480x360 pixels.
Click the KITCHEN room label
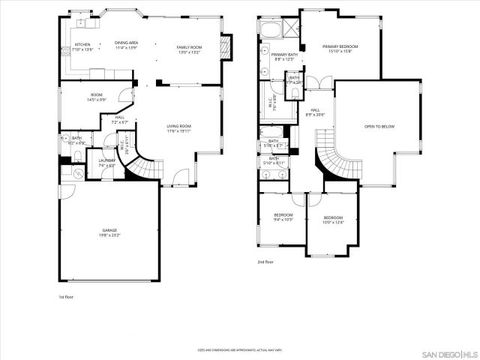pyautogui.click(x=82, y=44)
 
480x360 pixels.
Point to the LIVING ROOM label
pyautogui.click(x=179, y=126)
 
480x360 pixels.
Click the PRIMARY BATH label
pyautogui.click(x=284, y=55)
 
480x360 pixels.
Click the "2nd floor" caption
pyautogui.click(x=265, y=262)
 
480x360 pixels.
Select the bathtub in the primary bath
pyautogui.click(x=270, y=29)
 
